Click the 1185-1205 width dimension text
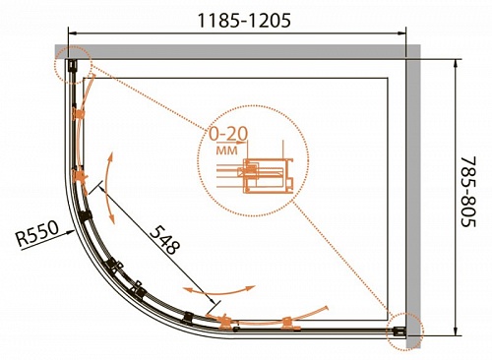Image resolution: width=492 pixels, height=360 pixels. point(244,21)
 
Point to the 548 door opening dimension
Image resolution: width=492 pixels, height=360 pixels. point(165,240)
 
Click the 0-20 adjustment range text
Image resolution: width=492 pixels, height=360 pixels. point(228,134)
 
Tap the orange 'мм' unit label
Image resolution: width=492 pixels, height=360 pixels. point(227,150)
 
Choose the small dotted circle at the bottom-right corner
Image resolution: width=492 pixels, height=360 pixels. point(404,331)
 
